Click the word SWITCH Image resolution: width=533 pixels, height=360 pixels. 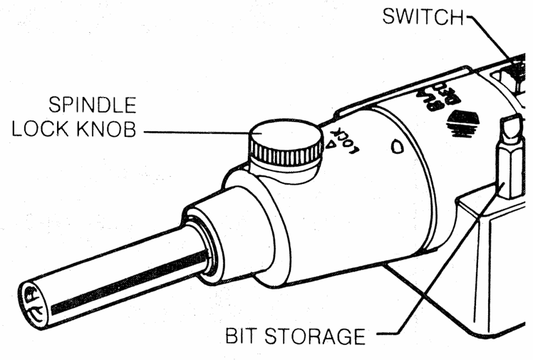tap(423, 16)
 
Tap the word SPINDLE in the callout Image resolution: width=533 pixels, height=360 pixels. tap(92, 106)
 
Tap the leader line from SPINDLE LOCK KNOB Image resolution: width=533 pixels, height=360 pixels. tap(203, 133)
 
